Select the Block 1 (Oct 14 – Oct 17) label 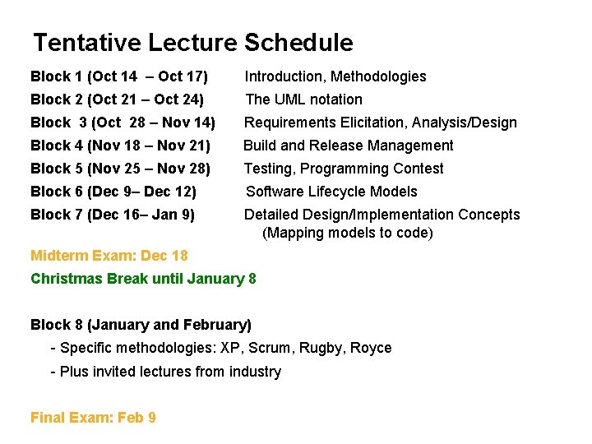(119, 76)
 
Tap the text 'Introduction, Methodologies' (335, 76)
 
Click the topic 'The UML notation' (304, 99)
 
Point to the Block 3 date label (123, 123)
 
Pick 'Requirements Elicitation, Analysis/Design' (381, 123)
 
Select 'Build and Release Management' (349, 146)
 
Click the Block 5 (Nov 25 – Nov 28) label (121, 169)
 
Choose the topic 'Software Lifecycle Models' (332, 192)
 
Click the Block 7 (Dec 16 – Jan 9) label (113, 215)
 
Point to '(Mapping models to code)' (348, 233)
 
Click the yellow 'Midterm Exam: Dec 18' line (109, 256)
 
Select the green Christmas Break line (143, 279)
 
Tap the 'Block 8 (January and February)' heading (141, 325)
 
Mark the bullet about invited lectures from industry (165, 372)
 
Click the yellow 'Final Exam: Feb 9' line (93, 418)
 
